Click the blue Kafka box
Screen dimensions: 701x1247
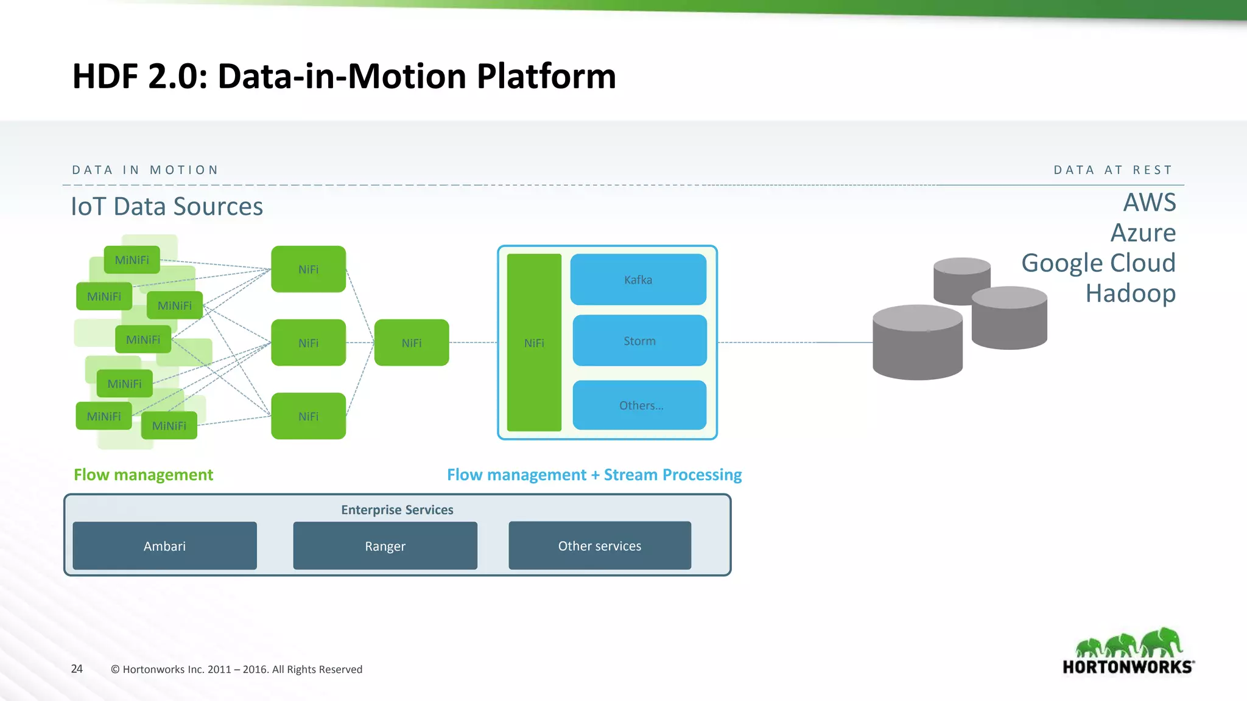638,279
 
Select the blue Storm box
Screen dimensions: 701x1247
639,341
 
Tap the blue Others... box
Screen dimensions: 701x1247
639,405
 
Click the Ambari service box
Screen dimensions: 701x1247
164,546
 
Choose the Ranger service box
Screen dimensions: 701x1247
385,546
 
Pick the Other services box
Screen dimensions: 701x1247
600,546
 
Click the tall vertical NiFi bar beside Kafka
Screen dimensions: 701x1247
534,343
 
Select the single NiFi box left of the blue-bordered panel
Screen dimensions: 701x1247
412,343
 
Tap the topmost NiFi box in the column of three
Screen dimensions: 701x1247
308,269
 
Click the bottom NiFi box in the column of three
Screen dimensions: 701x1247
308,416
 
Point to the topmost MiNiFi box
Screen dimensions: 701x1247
132,260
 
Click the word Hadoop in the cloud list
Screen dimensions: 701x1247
1130,293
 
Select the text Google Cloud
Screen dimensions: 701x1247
1098,263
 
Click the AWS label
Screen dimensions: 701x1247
1149,203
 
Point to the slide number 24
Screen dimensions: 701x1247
77,669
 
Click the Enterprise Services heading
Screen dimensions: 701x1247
397,510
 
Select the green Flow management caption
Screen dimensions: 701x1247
143,475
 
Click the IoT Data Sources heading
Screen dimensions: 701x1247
167,206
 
